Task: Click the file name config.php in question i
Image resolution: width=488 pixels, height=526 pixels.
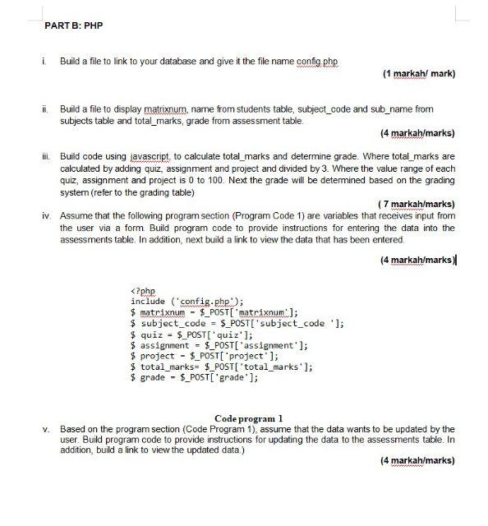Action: tap(316, 62)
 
